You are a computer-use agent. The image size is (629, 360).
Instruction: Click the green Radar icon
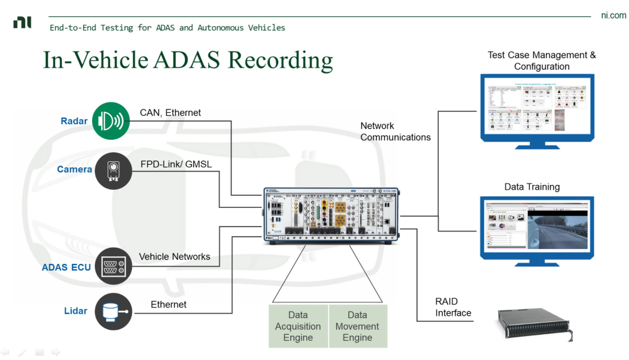(111, 121)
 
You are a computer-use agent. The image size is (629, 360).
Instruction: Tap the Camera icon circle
(113, 171)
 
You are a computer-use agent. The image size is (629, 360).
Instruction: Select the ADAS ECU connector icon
(113, 266)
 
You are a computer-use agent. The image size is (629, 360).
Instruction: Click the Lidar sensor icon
(113, 311)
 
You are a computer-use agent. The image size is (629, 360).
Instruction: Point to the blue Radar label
(74, 121)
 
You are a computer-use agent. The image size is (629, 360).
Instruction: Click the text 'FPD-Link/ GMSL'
(176, 164)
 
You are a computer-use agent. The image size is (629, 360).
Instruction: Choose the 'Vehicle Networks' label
(174, 257)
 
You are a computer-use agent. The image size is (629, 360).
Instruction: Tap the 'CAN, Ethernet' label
(170, 113)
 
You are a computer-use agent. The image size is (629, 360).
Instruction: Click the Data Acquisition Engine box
(298, 326)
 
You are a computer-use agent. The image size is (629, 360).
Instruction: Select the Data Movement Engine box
(357, 326)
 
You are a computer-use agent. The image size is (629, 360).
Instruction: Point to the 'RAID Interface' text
(453, 307)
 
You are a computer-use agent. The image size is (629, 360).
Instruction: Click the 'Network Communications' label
(395, 131)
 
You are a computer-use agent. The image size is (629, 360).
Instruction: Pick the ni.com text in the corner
(613, 16)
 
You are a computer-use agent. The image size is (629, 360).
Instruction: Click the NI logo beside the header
(23, 22)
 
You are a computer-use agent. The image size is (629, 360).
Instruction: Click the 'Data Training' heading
(532, 187)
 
